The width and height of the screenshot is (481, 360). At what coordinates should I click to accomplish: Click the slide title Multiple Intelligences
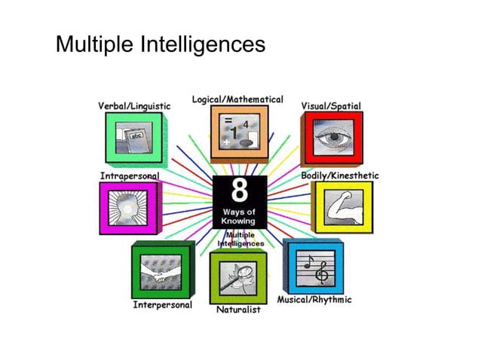pos(161,44)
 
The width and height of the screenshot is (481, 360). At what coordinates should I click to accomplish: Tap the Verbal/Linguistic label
pos(134,106)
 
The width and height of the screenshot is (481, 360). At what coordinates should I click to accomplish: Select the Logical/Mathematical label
pos(237,99)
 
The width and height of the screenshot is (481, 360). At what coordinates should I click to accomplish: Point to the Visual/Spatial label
pos(331,106)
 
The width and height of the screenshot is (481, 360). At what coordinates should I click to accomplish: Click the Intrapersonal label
pos(130,175)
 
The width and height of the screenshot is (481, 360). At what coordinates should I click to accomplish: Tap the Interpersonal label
pos(162,305)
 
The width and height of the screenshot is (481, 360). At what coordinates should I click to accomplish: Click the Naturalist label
pos(238,310)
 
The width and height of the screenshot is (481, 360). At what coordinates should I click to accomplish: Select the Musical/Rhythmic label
pos(314,300)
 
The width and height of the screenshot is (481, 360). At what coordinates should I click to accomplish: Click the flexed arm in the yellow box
pos(340,206)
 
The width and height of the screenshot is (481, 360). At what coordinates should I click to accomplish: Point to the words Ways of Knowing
pos(238,217)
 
